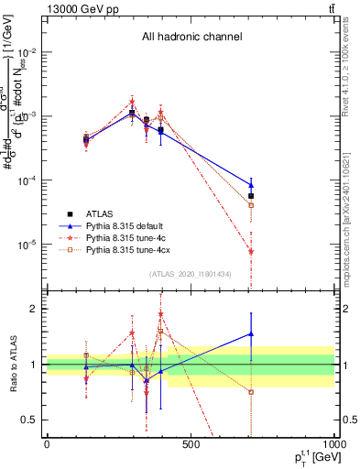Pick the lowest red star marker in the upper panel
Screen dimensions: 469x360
(x=251, y=251)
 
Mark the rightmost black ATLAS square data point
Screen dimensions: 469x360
(x=251, y=196)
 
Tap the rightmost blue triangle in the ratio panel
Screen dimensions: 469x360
(x=251, y=334)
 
